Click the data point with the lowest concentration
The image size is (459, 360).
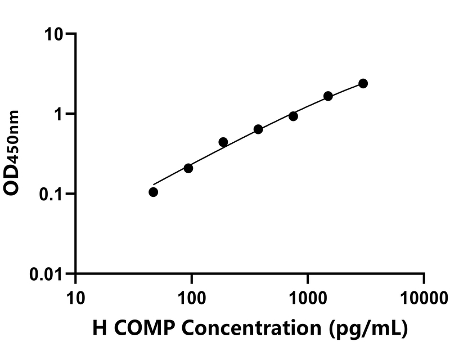153,192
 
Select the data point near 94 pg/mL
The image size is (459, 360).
188,168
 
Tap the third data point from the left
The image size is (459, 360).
223,142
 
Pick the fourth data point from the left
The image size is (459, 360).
258,129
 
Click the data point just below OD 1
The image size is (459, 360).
293,116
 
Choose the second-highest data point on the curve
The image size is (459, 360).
328,96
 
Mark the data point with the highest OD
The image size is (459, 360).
363,83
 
